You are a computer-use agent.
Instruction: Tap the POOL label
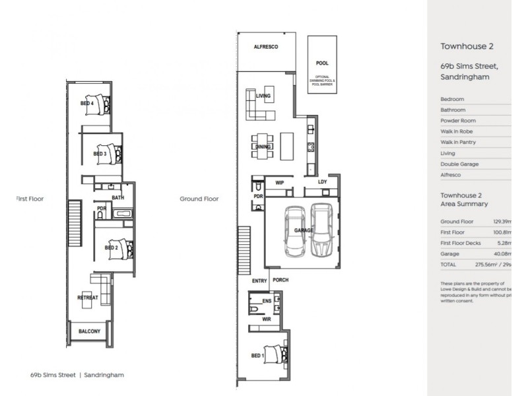tap(323, 64)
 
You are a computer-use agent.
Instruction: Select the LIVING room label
tap(264, 96)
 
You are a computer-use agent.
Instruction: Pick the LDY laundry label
tap(322, 181)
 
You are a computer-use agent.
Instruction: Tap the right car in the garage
tap(321, 229)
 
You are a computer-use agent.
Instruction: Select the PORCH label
tap(281, 280)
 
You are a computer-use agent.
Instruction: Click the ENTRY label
tap(259, 280)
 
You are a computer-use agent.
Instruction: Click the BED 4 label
tap(87, 103)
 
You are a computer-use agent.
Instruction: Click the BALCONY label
tap(90, 331)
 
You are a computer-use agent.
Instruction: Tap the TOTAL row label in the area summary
tap(449, 264)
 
